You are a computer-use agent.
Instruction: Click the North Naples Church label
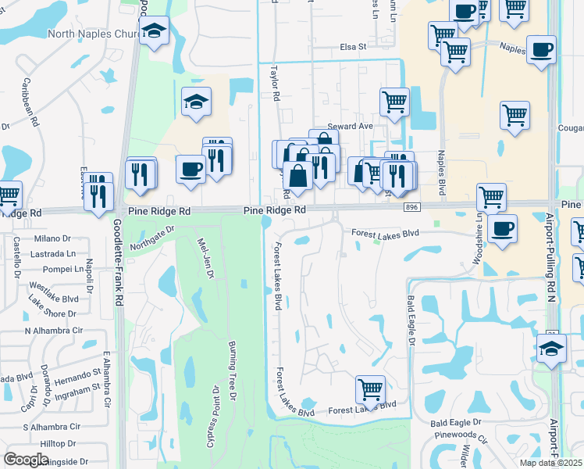pyautogui.click(x=92, y=34)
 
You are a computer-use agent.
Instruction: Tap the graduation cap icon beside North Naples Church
pyautogui.click(x=154, y=31)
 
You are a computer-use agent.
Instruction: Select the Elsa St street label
pyautogui.click(x=353, y=47)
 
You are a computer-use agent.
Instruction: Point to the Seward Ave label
pyautogui.click(x=351, y=126)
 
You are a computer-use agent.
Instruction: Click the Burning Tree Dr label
pyautogui.click(x=232, y=371)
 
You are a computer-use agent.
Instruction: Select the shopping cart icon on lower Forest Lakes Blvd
pyautogui.click(x=370, y=388)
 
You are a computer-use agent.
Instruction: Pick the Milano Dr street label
pyautogui.click(x=52, y=238)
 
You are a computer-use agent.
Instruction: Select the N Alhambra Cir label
pyautogui.click(x=54, y=331)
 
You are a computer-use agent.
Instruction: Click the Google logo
pyautogui.click(x=26, y=459)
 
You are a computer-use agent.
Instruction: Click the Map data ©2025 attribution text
pyautogui.click(x=552, y=463)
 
